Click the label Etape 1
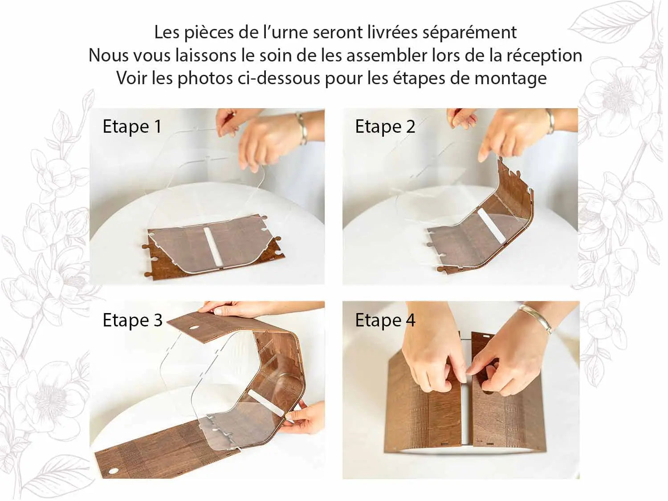(x=132, y=126)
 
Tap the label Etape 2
(x=385, y=126)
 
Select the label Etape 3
(x=132, y=320)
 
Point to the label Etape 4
(x=385, y=320)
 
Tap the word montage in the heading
(x=510, y=78)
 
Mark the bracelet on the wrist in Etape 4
(x=536, y=319)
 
